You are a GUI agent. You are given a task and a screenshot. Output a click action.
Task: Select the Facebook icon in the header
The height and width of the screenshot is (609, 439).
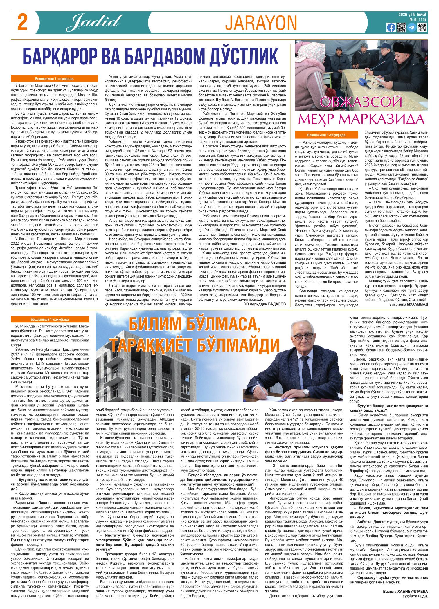tap(391, 28)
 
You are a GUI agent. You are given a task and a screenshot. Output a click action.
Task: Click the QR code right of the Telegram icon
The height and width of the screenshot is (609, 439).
tap(422, 28)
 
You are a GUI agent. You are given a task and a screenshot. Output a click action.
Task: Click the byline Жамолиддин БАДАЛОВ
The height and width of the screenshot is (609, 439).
tap(265, 304)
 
